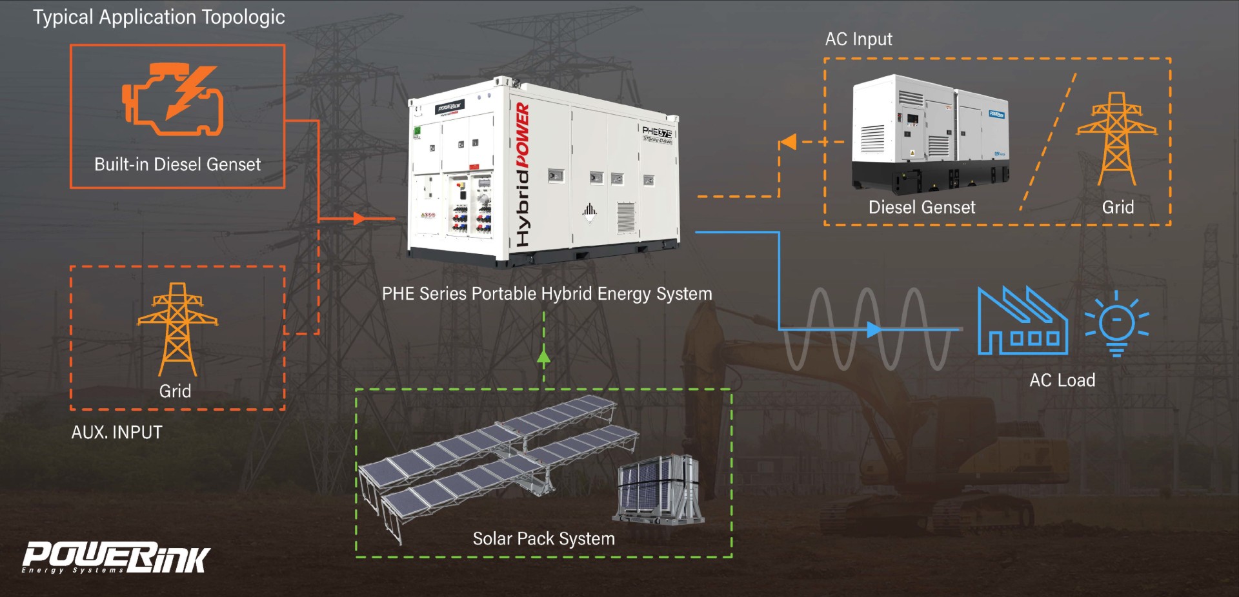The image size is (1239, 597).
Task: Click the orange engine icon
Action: [173, 99]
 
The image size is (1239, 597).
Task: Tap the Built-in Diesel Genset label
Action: [177, 164]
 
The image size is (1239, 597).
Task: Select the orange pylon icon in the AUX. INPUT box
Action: [177, 329]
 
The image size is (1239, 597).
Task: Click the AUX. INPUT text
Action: [117, 432]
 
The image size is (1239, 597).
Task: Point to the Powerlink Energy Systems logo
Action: [116, 558]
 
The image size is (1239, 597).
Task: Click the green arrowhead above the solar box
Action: [544, 357]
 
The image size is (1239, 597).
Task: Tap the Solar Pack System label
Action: [543, 538]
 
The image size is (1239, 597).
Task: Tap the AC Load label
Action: [1062, 380]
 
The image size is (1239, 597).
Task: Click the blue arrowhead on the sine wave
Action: [874, 329]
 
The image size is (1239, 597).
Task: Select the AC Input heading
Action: [858, 39]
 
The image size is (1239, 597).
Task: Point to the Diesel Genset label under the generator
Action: [922, 207]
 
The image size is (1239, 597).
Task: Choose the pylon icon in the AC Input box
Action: [1116, 138]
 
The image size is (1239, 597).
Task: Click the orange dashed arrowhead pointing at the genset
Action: [788, 142]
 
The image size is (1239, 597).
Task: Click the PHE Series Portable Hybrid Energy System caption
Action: [547, 294]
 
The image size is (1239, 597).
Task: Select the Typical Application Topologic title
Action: [159, 17]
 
